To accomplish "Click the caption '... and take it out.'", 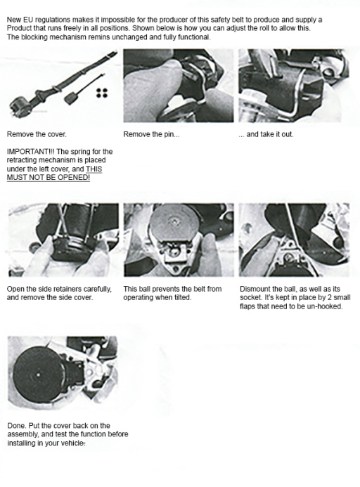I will (266, 134).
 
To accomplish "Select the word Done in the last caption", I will (15, 425).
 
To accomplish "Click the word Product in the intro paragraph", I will (20, 27).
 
